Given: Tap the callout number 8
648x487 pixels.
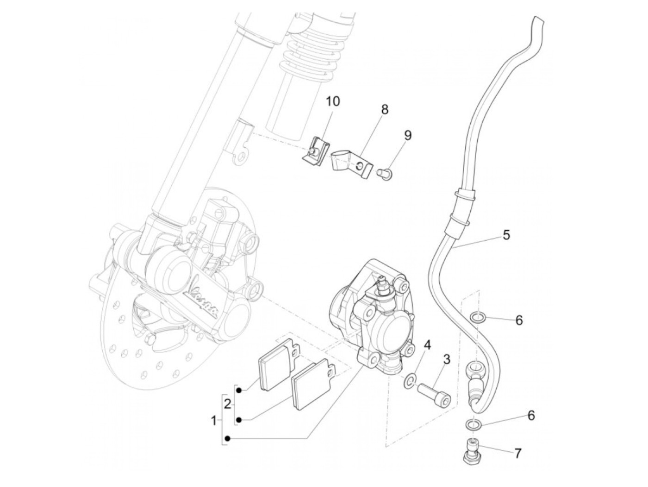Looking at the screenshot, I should (385, 110).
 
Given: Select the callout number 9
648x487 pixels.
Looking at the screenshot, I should (407, 135).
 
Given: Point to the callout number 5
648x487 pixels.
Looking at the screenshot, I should (506, 235).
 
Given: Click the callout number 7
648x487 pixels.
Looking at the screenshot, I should (517, 453).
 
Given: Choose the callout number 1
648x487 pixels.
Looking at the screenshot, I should (213, 421).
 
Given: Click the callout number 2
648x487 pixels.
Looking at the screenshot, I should (227, 404).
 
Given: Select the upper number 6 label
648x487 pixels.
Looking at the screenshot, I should (519, 320).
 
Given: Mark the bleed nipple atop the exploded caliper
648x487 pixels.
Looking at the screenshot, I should (382, 281).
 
